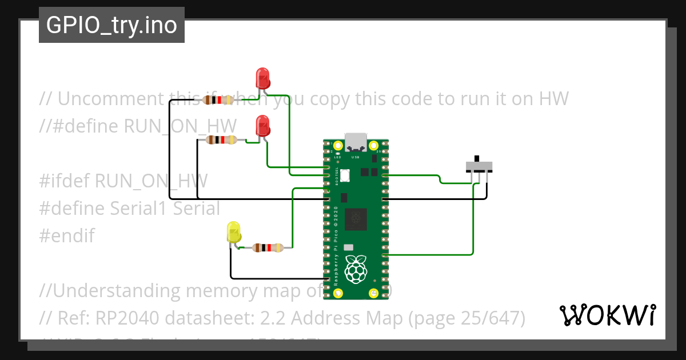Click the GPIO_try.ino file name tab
click(x=111, y=25)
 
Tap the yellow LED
click(x=234, y=232)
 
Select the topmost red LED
click(x=262, y=77)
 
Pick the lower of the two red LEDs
click(x=262, y=125)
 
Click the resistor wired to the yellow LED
click(x=267, y=248)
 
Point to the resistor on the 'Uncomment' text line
click(x=218, y=100)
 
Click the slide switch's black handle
click(x=477, y=158)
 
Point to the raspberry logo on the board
click(x=357, y=269)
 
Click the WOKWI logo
click(x=607, y=315)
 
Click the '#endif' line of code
click(x=67, y=235)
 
